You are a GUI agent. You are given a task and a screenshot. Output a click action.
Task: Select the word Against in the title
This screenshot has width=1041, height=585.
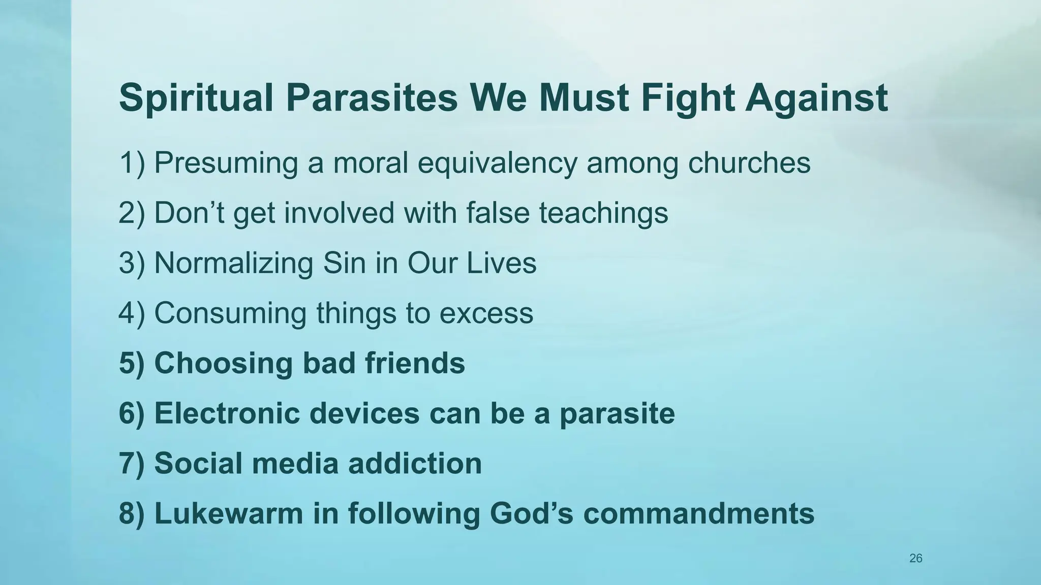click(x=816, y=98)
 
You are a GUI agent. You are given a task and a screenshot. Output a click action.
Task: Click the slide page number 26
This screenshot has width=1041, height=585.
click(x=915, y=559)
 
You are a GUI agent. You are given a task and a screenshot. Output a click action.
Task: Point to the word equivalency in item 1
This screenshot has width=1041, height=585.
click(x=497, y=164)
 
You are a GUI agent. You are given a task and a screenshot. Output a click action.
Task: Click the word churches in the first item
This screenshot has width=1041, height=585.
click(x=749, y=162)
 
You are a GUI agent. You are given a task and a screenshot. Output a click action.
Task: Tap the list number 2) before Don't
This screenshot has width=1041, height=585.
click(x=132, y=213)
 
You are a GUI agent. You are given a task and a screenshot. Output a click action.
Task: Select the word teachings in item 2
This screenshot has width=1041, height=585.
click(x=603, y=213)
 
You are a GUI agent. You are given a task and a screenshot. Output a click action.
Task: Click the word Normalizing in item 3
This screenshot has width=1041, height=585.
click(x=233, y=263)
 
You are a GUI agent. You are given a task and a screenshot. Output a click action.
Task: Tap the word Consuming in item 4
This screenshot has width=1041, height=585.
click(x=230, y=313)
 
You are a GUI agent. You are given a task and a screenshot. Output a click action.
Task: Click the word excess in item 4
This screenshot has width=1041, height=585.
click(x=486, y=313)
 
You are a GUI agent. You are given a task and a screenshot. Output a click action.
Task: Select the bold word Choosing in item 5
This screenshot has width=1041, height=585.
click(x=223, y=364)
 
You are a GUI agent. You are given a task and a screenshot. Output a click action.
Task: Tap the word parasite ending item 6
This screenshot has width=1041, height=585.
click(x=617, y=413)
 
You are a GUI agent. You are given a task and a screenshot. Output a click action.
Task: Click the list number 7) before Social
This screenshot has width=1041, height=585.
click(x=132, y=463)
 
